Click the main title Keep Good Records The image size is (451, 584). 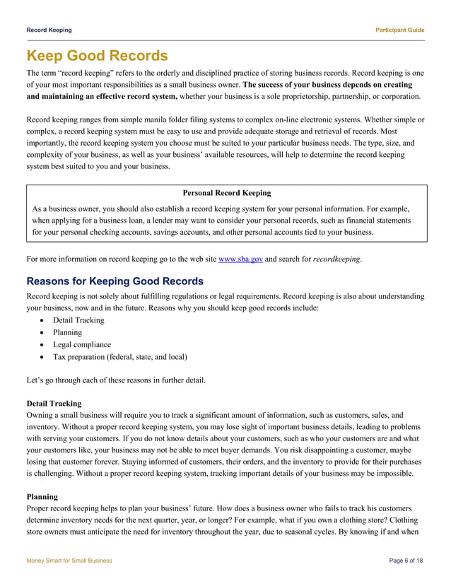[x=97, y=56]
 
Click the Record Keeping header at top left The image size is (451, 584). [x=49, y=30]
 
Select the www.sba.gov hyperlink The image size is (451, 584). [x=241, y=259]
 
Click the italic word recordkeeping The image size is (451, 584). [x=336, y=259]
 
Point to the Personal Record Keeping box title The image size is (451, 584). [x=226, y=193]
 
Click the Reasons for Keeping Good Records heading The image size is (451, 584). [x=115, y=281]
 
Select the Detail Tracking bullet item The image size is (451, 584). [x=78, y=320]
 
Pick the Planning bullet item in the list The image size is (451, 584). [x=67, y=332]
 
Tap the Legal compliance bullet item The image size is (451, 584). [x=81, y=344]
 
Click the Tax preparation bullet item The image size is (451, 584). [x=119, y=356]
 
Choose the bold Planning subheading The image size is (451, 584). [x=42, y=497]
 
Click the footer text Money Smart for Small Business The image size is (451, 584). [x=69, y=560]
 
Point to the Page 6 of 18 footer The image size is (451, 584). [x=406, y=560]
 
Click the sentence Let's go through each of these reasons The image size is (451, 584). [x=116, y=380]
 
